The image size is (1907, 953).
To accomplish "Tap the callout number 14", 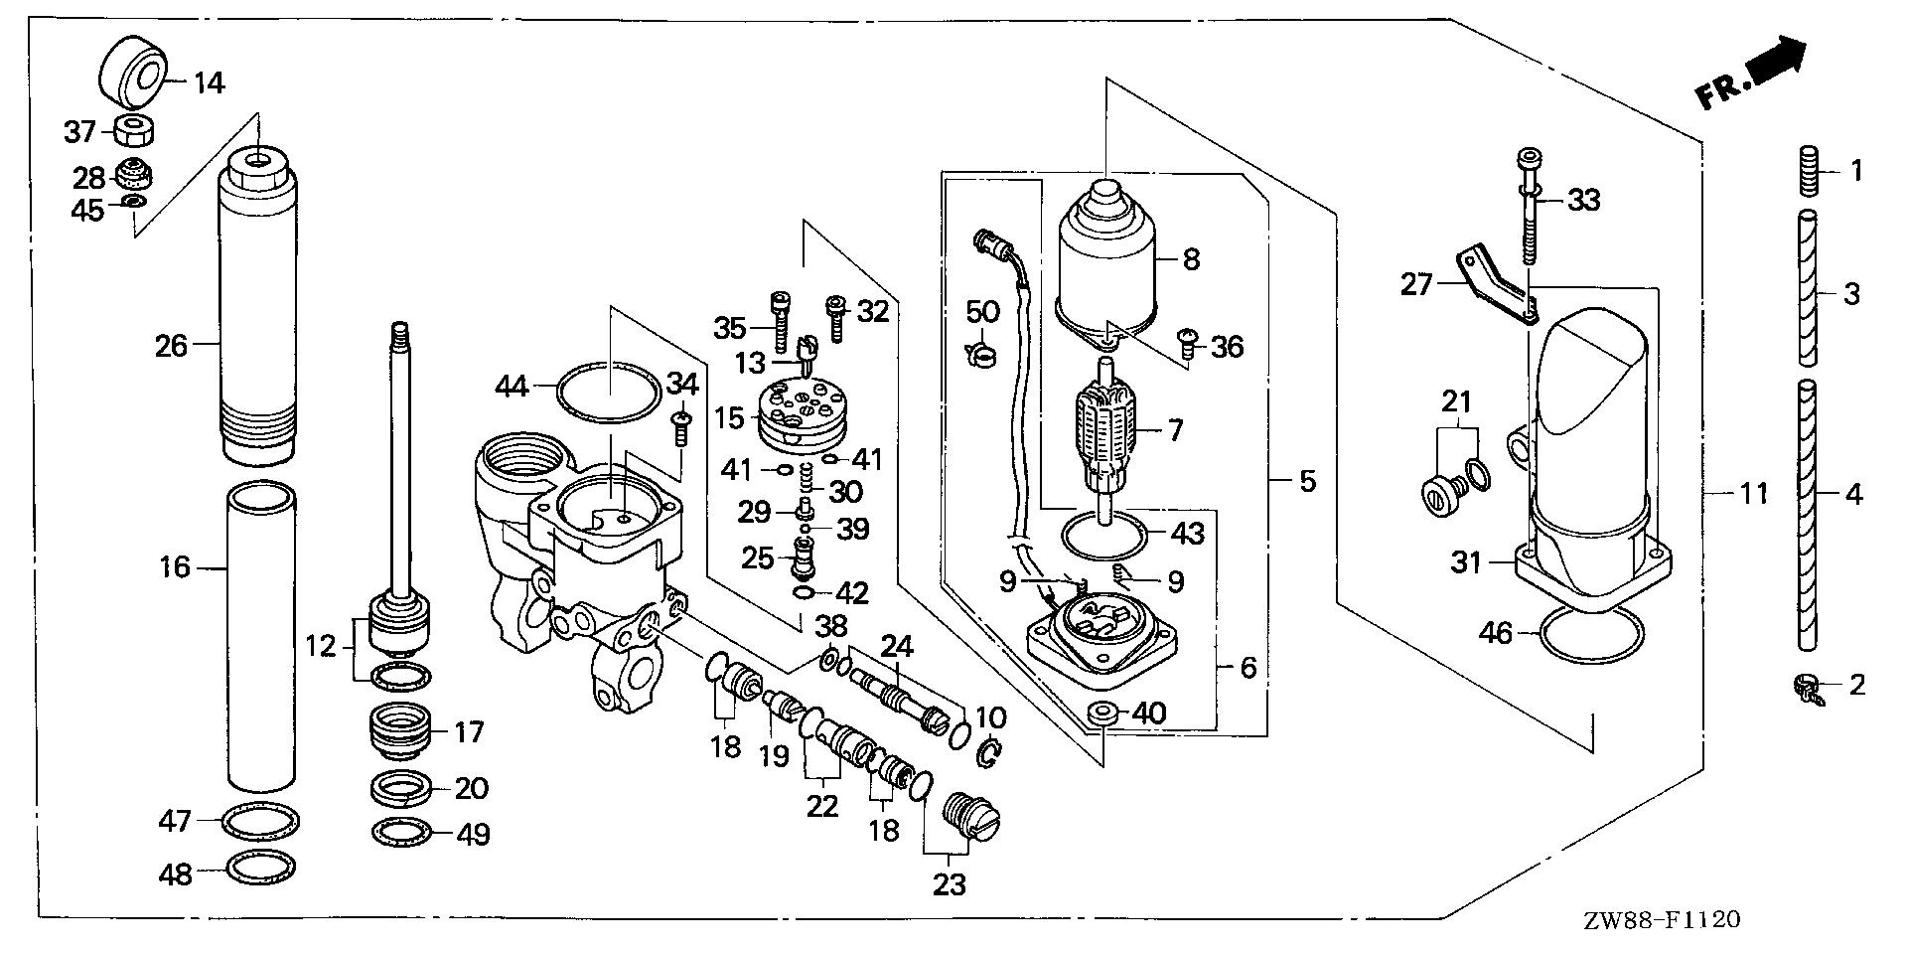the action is [208, 82].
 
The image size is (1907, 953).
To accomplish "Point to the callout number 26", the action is [172, 346].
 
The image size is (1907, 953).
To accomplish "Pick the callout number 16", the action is [175, 567].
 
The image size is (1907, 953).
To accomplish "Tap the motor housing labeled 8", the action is [1107, 260].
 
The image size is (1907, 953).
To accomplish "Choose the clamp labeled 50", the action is [979, 352].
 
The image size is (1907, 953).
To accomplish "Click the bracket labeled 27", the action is [1500, 286].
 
